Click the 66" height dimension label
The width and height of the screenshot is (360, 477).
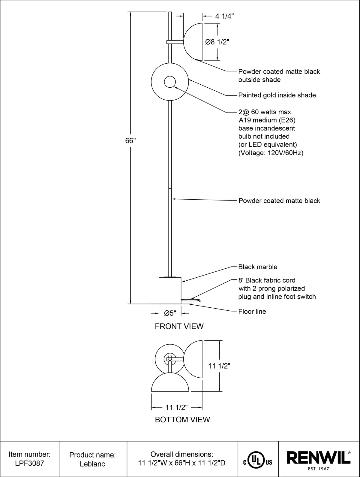click(130, 141)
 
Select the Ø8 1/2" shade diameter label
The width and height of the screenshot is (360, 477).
click(217, 42)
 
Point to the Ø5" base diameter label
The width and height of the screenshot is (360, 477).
click(170, 313)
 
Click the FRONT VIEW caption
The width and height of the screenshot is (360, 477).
click(179, 326)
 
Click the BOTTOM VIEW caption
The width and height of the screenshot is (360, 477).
click(182, 419)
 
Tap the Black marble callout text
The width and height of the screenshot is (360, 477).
click(258, 267)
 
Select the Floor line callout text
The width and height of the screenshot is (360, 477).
click(252, 312)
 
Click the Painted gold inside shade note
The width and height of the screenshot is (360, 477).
click(277, 95)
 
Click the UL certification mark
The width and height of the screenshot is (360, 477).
click(258, 459)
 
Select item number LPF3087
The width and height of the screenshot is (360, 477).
click(29, 463)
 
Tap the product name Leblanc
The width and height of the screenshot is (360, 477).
click(92, 464)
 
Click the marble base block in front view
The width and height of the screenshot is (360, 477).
click(170, 291)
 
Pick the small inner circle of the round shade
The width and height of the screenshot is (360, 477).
click(170, 82)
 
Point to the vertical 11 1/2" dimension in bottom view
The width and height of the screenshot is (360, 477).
click(219, 366)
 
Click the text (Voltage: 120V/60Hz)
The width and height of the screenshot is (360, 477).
click(271, 153)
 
